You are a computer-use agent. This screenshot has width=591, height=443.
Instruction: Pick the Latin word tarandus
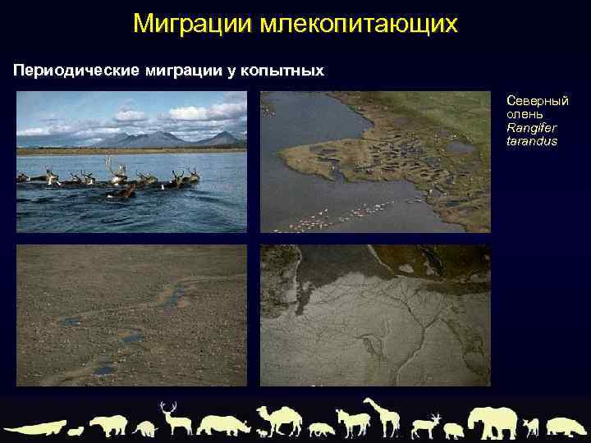531,141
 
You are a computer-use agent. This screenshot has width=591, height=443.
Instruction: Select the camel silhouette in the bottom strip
280,419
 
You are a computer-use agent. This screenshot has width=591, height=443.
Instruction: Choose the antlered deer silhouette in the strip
175,418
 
